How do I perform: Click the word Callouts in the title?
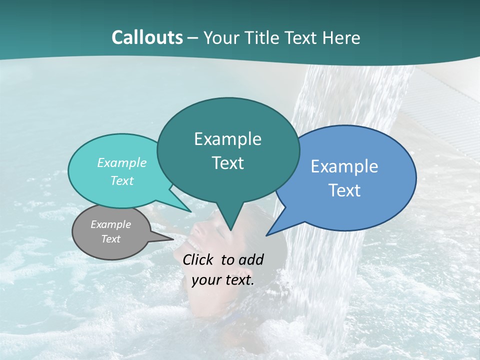click(x=147, y=37)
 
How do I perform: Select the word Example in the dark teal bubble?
click(x=227, y=139)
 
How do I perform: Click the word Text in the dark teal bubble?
click(x=227, y=163)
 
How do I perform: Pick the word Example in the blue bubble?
click(x=344, y=166)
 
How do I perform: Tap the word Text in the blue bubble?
click(x=344, y=190)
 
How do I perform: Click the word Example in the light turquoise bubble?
click(x=122, y=162)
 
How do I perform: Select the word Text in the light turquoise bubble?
click(x=122, y=180)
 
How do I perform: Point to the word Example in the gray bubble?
click(x=111, y=224)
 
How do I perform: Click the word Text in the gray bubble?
click(x=111, y=239)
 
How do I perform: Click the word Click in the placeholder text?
click(x=199, y=259)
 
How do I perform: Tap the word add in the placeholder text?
click(x=251, y=259)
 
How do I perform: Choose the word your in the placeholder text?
click(x=205, y=279)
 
